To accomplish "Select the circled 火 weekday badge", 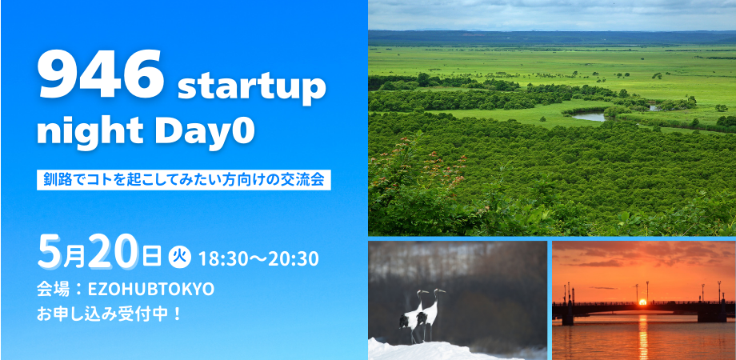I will (x=178, y=257).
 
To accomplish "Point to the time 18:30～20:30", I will (x=258, y=258).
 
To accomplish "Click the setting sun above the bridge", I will (x=642, y=302).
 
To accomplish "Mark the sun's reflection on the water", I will (x=642, y=336).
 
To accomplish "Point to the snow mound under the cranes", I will (x=424, y=350).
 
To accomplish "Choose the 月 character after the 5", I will (x=74, y=258).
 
